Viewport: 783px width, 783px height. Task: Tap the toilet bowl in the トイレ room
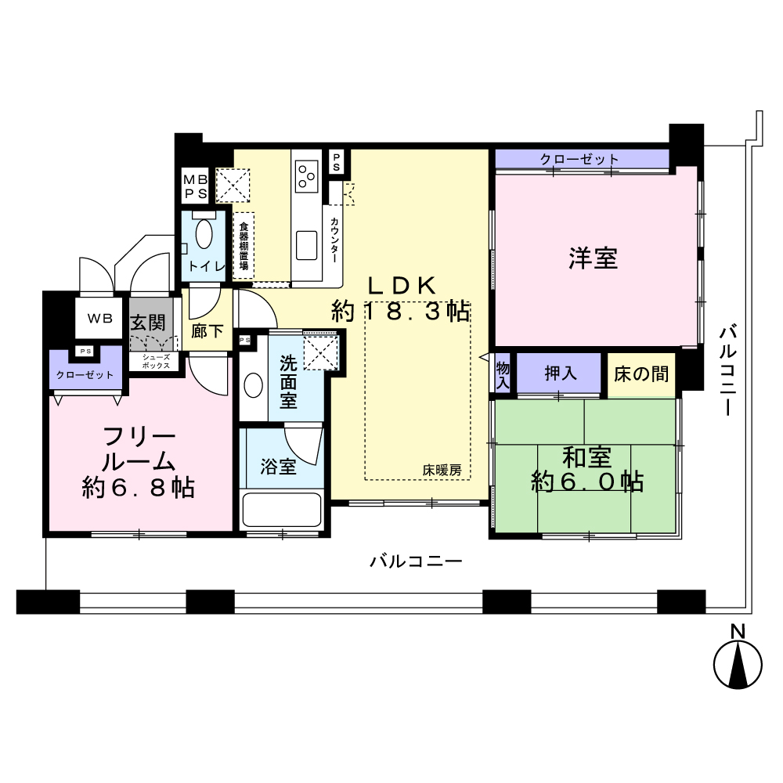pyautogui.click(x=204, y=233)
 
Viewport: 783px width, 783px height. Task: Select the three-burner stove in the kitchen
pyautogui.click(x=307, y=176)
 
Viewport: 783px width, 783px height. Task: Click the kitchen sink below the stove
pyautogui.click(x=307, y=245)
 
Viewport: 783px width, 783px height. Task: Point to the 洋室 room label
pyautogui.click(x=594, y=258)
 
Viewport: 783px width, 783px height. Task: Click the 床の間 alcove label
pyautogui.click(x=641, y=373)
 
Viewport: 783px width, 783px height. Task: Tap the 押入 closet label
pyautogui.click(x=561, y=373)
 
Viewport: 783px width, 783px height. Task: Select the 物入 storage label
pyautogui.click(x=503, y=376)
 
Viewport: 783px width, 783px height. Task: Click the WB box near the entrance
pyautogui.click(x=99, y=318)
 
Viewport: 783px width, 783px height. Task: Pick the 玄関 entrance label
pyautogui.click(x=148, y=322)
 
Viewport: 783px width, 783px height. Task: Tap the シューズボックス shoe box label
pyautogui.click(x=156, y=362)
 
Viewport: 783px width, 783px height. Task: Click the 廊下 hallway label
pyautogui.click(x=207, y=330)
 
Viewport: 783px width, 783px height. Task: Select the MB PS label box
pyautogui.click(x=195, y=186)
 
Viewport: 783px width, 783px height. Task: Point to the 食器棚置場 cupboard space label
pyautogui.click(x=244, y=244)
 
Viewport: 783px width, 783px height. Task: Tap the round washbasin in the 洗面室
pyautogui.click(x=253, y=385)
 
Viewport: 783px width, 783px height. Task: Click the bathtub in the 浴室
pyautogui.click(x=281, y=510)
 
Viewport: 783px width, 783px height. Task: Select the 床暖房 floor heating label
pyautogui.click(x=442, y=470)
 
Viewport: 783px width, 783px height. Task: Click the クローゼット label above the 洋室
pyautogui.click(x=579, y=159)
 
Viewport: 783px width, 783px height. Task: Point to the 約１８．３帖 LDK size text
pyautogui.click(x=400, y=312)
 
